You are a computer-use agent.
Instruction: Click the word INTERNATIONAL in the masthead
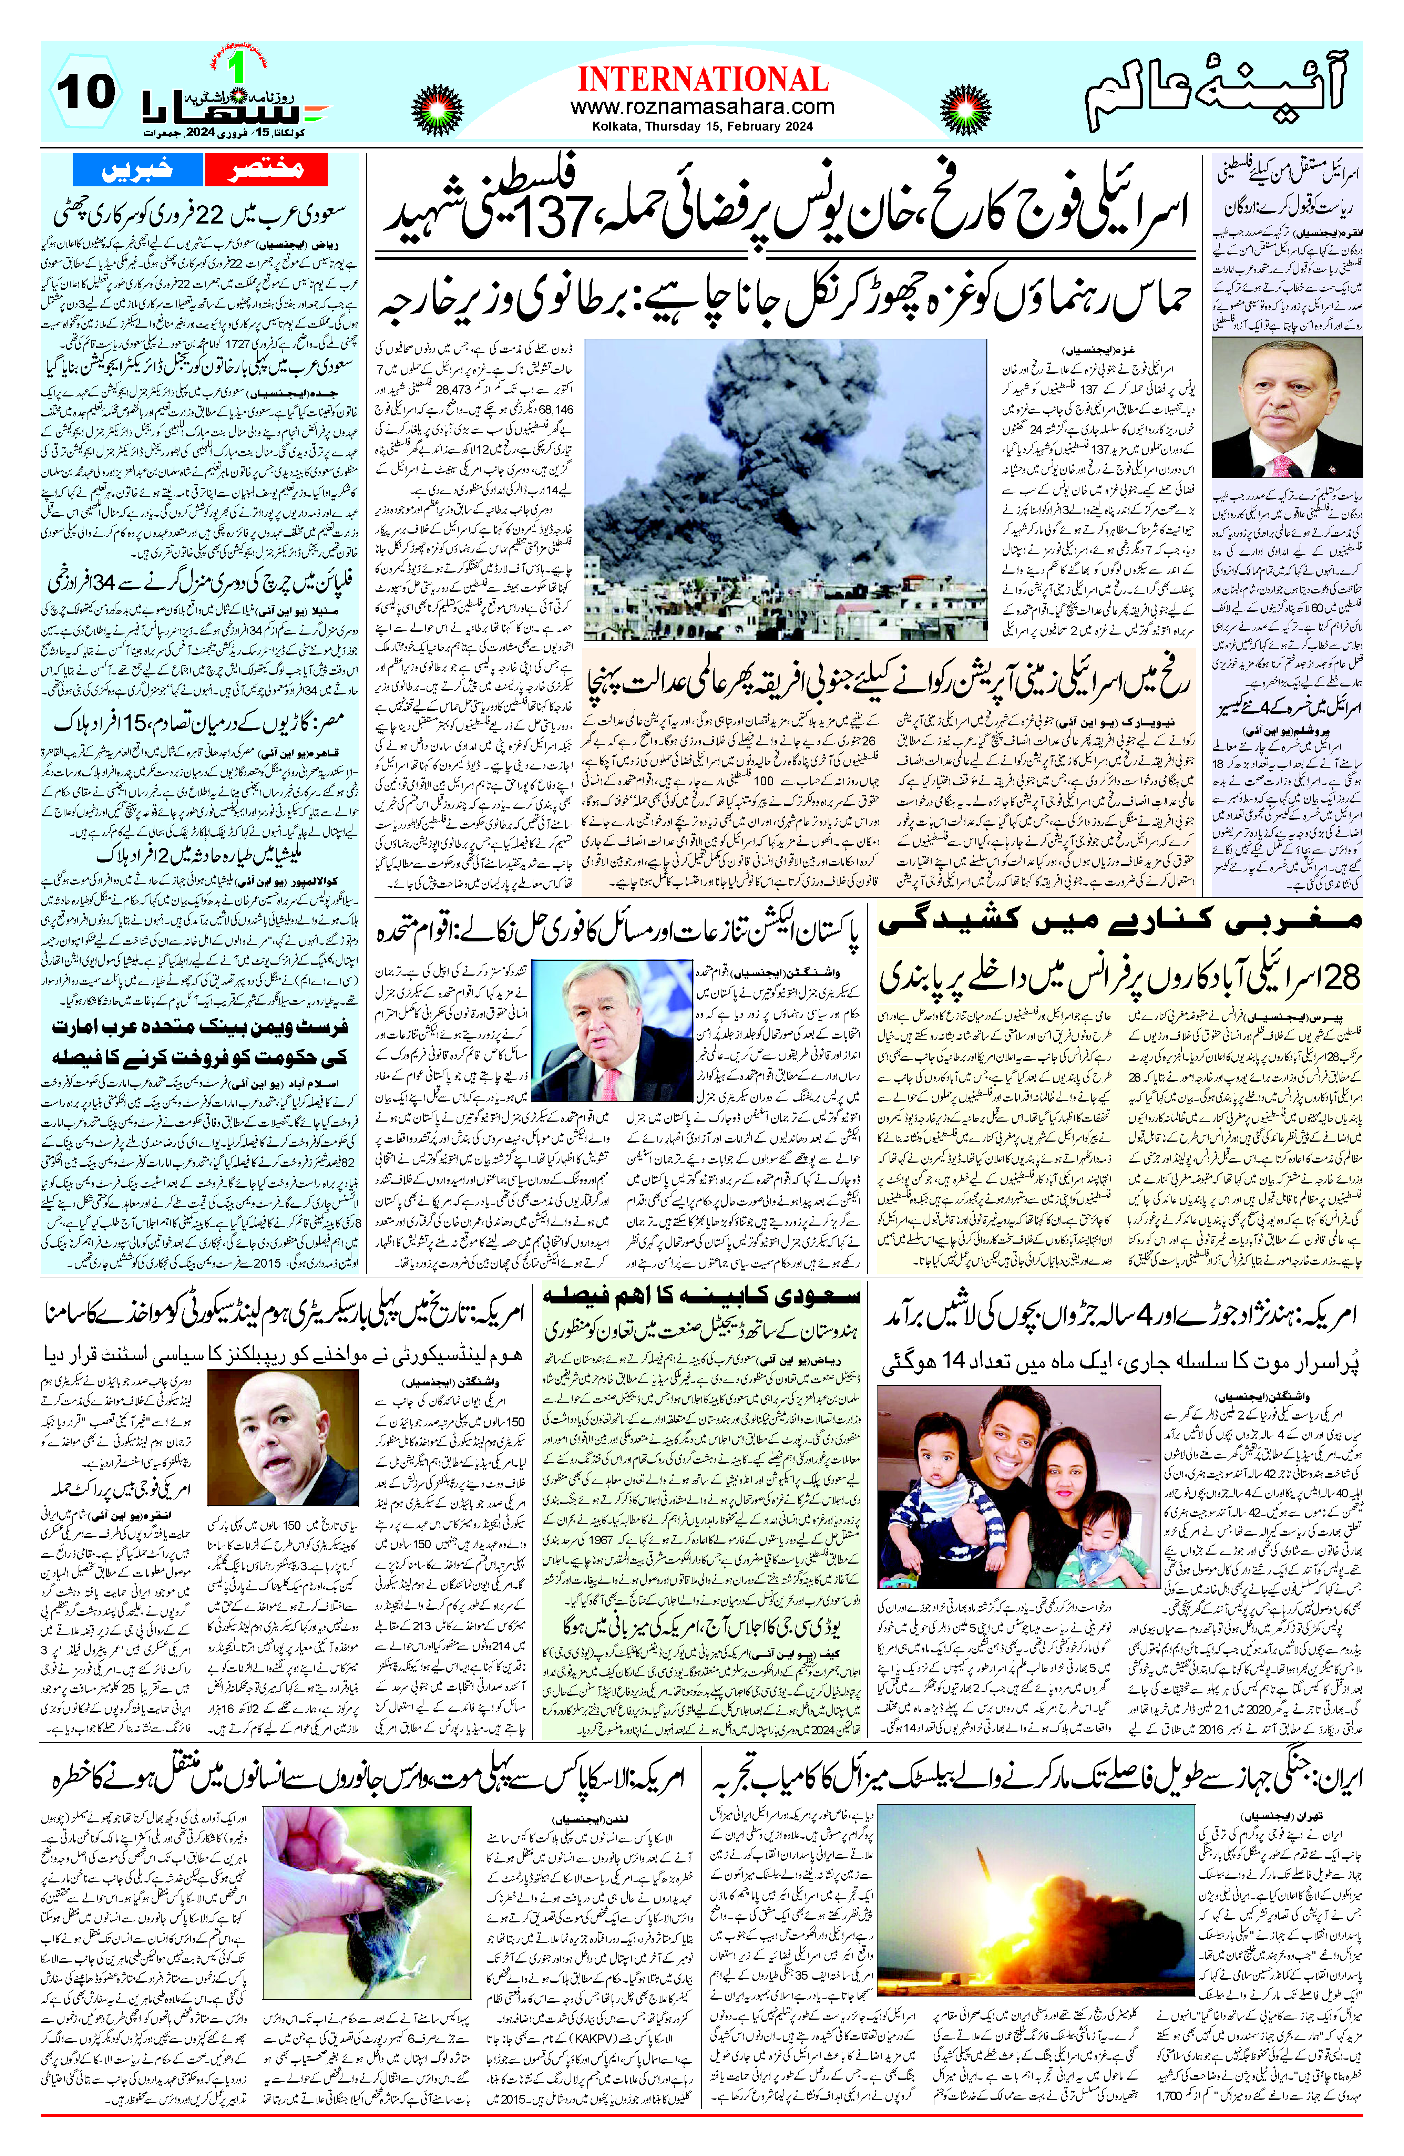click(703, 80)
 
